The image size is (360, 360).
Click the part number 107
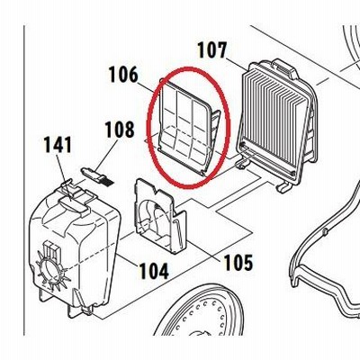coord(212,50)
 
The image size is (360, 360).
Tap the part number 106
coord(123,75)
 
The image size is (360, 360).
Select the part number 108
coord(120,130)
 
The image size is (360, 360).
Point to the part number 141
coord(58,145)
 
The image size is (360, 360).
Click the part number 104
coord(154,271)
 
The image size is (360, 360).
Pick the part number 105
coord(238,262)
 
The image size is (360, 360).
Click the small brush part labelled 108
coord(98,176)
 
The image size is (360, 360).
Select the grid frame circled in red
coord(188,127)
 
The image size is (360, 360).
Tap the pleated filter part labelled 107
coord(276,124)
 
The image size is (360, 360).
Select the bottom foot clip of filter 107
coord(283,187)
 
